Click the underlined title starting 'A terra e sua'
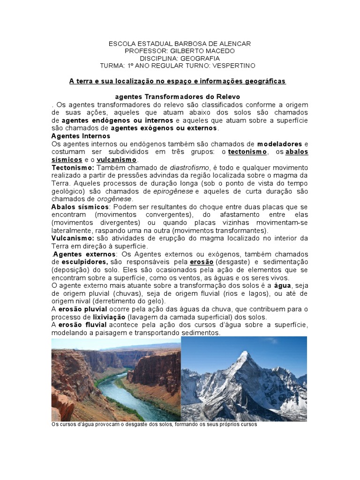point(178,81)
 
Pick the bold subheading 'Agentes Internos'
point(81,136)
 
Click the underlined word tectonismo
point(247,152)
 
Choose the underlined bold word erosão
point(202,261)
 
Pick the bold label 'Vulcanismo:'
point(73,238)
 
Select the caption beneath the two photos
point(154,425)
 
